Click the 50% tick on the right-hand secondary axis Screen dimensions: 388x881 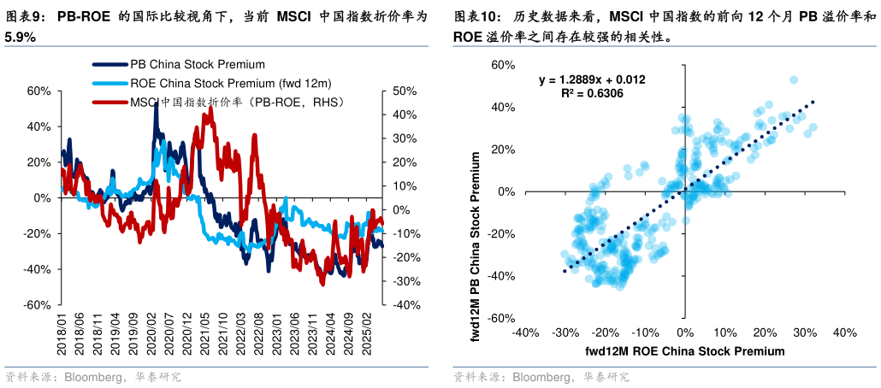click(403, 91)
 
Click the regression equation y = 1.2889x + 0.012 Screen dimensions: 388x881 click(591, 79)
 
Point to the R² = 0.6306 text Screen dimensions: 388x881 click(592, 93)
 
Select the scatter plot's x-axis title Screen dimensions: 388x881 click(684, 351)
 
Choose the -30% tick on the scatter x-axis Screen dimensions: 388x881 click(564, 332)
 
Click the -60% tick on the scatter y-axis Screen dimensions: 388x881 click(500, 318)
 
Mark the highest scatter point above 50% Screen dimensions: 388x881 click(794, 79)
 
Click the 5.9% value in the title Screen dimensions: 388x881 click(19, 38)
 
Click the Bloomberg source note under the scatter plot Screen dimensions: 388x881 click(541, 377)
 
